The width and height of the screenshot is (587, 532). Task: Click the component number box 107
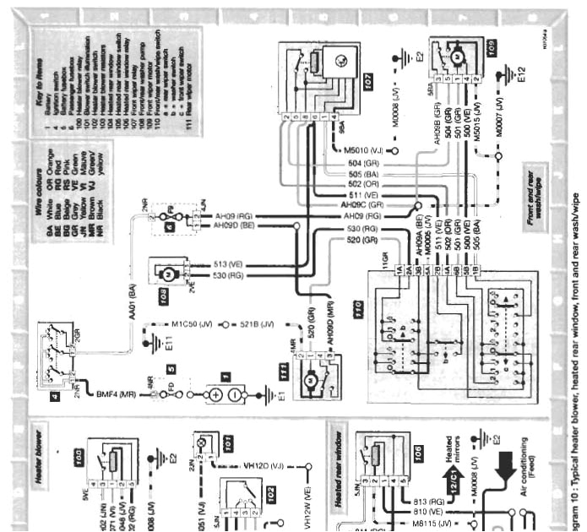(368, 84)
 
